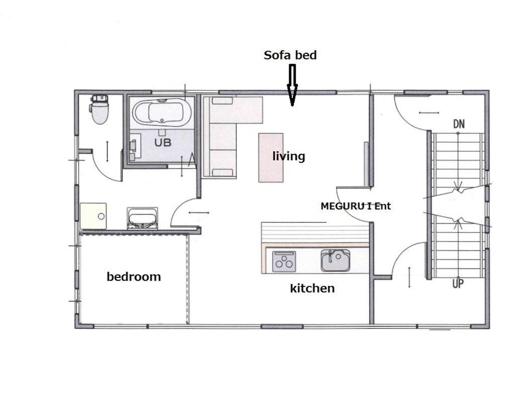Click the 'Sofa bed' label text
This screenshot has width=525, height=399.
coord(290,55)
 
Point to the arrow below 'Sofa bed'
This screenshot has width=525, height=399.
coord(292,85)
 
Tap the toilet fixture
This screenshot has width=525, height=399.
coord(99,109)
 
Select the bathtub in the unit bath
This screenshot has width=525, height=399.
coord(162,112)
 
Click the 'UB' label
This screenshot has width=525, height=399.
coord(163,142)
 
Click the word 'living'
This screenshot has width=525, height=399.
coord(288,156)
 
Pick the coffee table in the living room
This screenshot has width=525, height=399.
coord(271,157)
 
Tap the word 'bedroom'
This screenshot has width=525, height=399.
coord(134,277)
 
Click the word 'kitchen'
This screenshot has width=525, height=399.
coord(312,288)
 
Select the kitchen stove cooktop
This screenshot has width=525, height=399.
coord(284,261)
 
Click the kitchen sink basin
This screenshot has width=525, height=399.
coord(336,260)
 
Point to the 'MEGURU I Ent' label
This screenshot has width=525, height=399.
coord(356,206)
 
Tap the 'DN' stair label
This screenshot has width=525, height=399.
coord(459,124)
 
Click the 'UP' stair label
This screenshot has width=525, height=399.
coord(458,283)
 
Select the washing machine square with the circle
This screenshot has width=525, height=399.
coord(93,216)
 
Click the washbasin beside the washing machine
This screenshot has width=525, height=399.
coord(142,219)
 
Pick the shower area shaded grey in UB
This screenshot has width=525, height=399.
coord(162,145)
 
